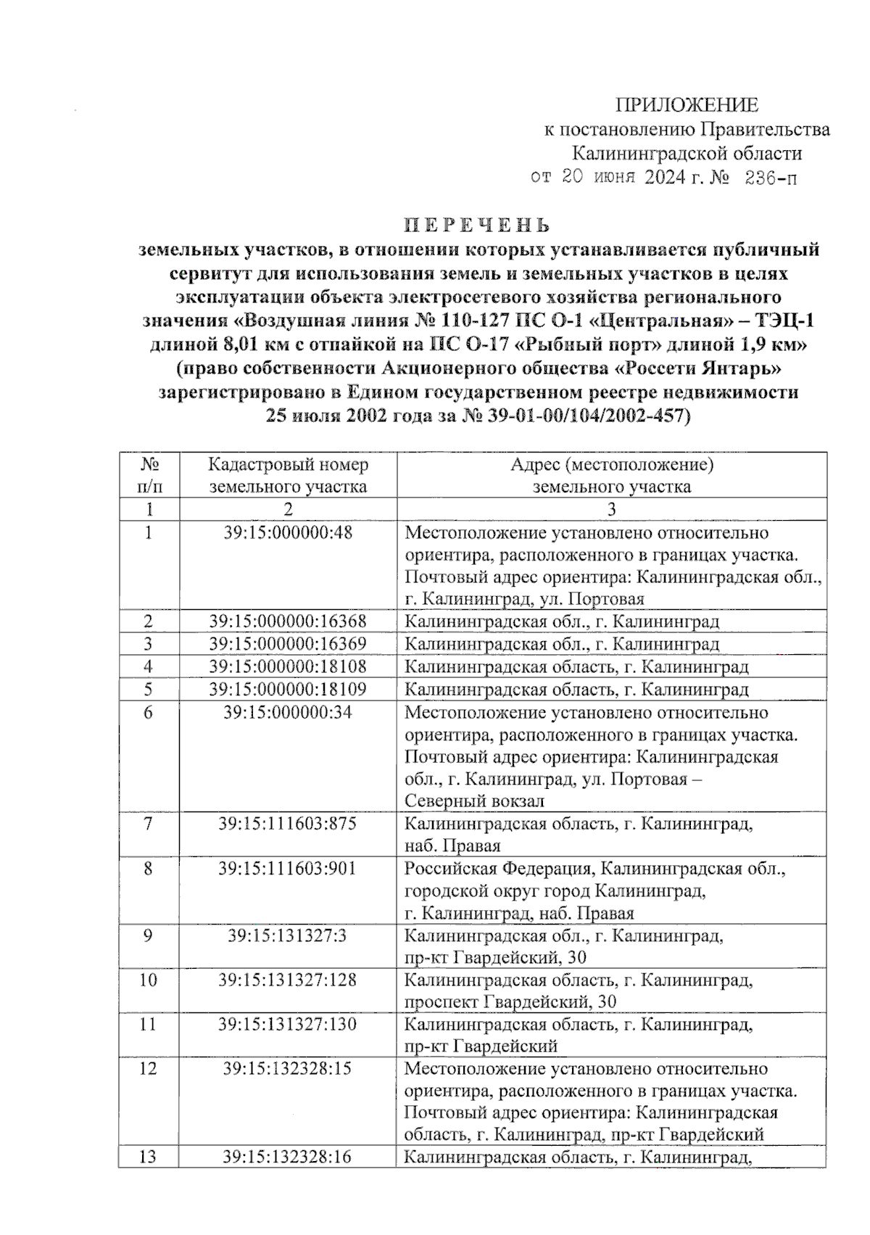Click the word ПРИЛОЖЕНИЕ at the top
tap(687, 106)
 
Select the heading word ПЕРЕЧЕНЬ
tap(478, 225)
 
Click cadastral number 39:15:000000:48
tap(288, 533)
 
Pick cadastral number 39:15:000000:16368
tap(288, 621)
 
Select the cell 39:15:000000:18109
tap(288, 689)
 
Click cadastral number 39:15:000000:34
tap(288, 713)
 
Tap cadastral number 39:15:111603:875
tap(288, 824)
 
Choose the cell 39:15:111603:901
tap(288, 868)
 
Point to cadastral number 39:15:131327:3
tap(288, 935)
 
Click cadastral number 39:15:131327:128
tap(288, 980)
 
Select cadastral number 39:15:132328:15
tap(288, 1069)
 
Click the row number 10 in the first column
tap(148, 980)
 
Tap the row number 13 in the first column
tap(148, 1157)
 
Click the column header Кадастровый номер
tap(288, 465)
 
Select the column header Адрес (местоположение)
tap(611, 465)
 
